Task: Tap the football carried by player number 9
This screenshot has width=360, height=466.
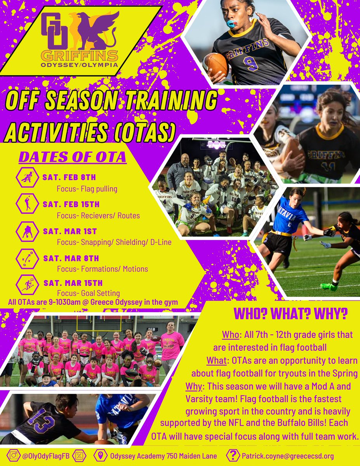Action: tap(215, 64)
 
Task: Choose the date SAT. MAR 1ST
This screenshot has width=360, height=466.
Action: tap(70, 232)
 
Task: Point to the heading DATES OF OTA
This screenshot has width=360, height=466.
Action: tap(72, 157)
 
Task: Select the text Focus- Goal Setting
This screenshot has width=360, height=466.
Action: tap(88, 293)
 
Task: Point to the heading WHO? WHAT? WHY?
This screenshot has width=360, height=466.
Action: tap(290, 313)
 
